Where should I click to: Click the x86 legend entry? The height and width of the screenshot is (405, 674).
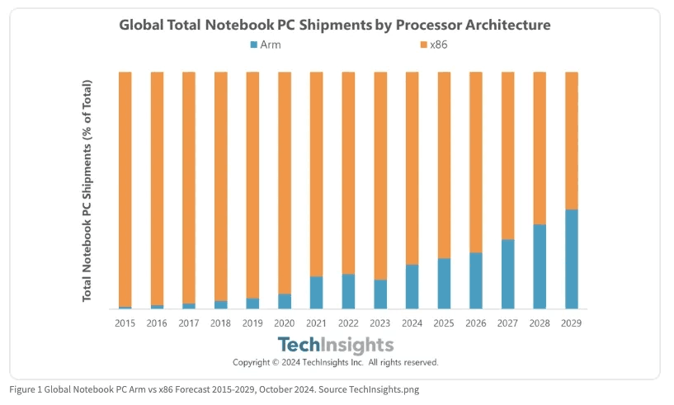pos(433,45)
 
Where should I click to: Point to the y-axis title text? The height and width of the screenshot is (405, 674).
pos(87,191)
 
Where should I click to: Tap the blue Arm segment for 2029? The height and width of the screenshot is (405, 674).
pos(571,259)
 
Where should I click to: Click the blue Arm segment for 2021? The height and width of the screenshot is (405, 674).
pos(316,293)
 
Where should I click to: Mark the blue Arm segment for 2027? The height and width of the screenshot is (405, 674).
pos(507,274)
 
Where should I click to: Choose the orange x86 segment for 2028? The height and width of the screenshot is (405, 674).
pos(540,148)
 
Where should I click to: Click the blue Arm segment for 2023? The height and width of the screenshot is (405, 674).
pos(380,294)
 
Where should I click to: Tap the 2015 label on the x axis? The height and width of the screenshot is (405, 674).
pos(125,323)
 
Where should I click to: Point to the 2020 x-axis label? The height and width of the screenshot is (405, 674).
pos(285,323)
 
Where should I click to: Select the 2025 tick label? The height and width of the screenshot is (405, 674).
pos(444,323)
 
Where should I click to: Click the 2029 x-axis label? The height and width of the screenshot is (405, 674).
pos(571,323)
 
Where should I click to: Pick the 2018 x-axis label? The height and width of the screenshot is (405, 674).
pos(221,323)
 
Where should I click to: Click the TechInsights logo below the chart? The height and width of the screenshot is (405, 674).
pos(335,345)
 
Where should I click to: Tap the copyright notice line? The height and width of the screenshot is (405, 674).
pos(335,362)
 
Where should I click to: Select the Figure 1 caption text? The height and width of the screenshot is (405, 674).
pos(214,389)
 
